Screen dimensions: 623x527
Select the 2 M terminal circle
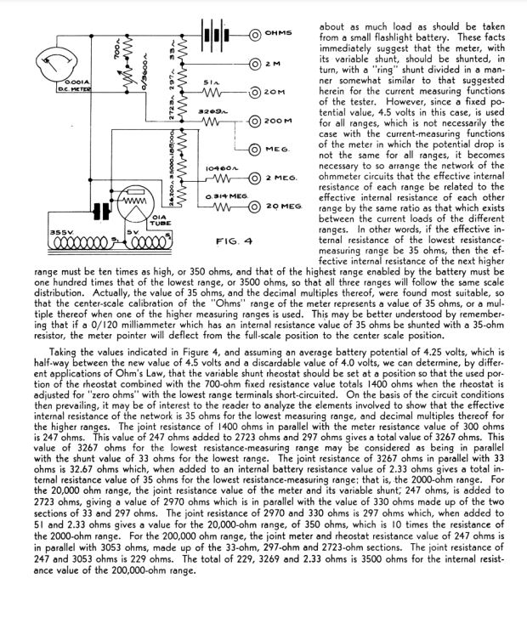[x=254, y=64]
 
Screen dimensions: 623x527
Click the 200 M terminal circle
[x=254, y=122]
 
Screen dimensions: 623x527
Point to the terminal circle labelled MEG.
[x=254, y=150]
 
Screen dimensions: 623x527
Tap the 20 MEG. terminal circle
[x=254, y=207]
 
